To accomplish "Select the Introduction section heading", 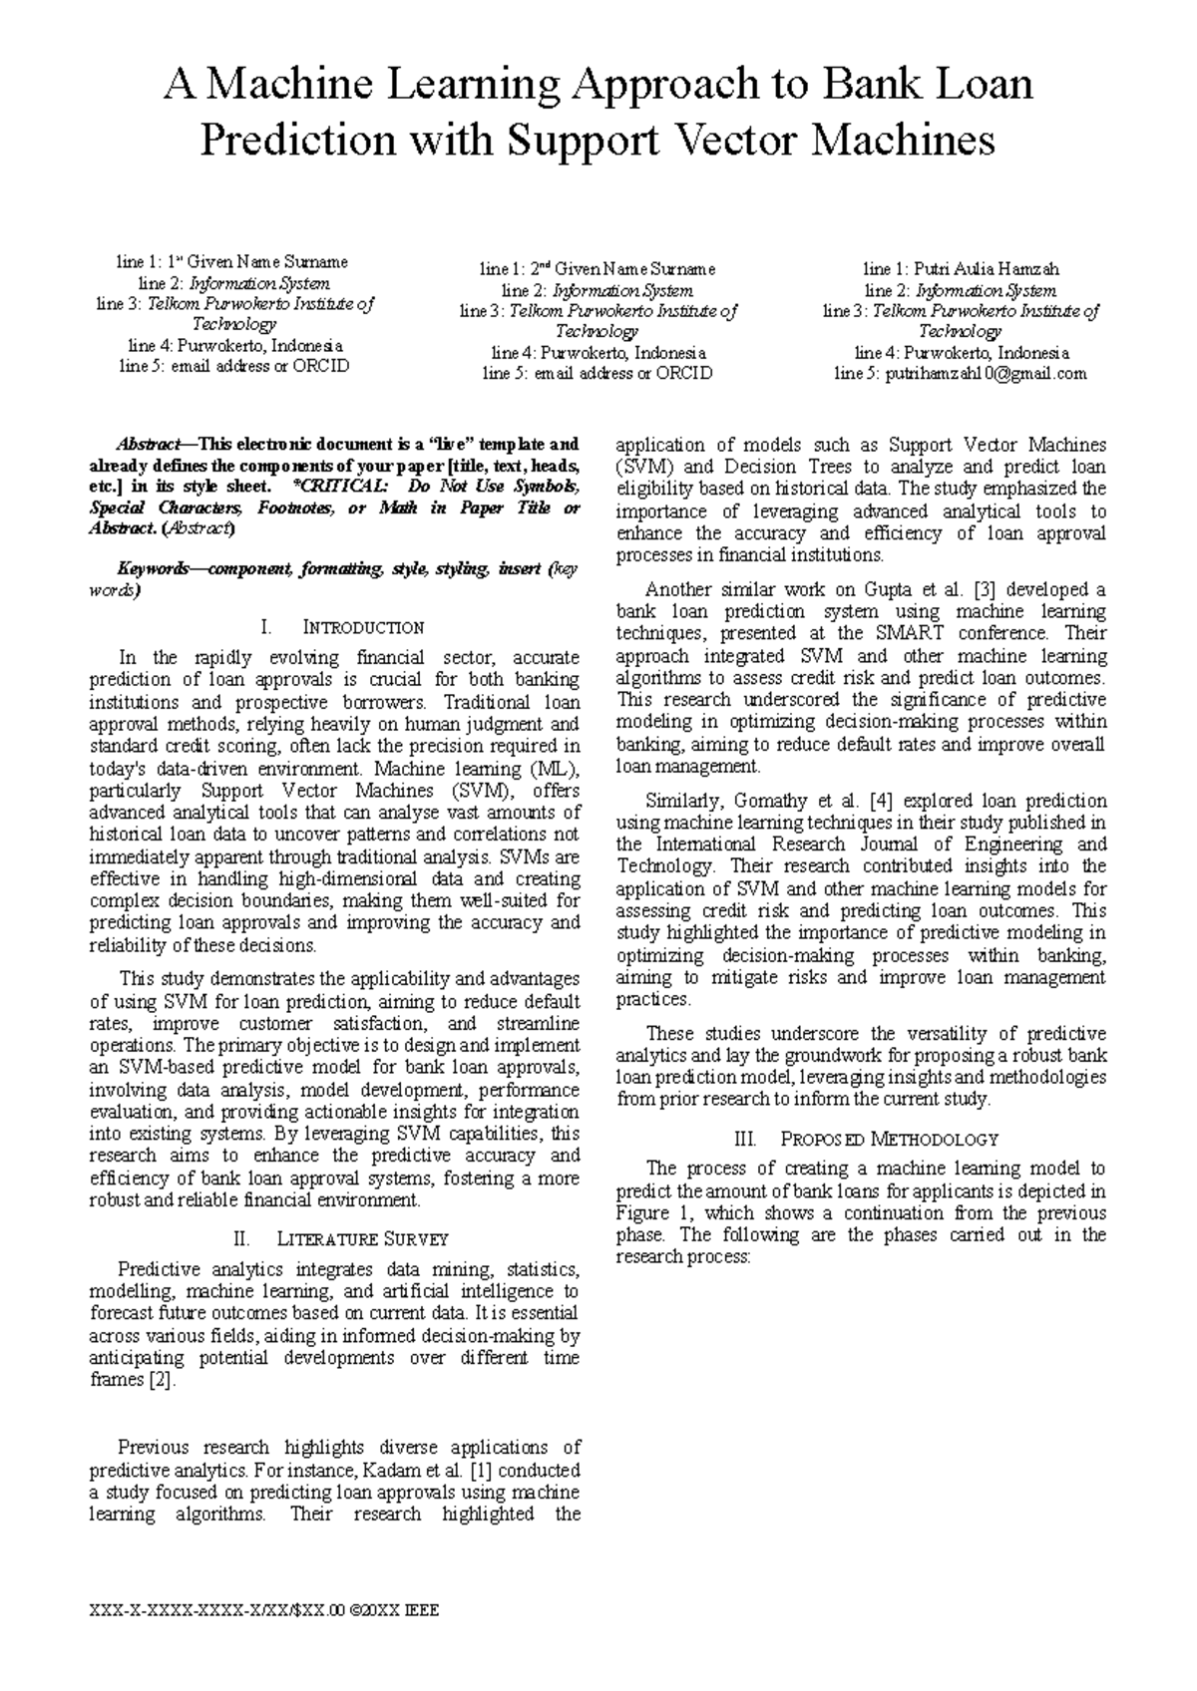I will [x=342, y=627].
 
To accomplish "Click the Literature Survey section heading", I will [x=342, y=1239].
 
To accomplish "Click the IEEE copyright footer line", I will [x=263, y=1609].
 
